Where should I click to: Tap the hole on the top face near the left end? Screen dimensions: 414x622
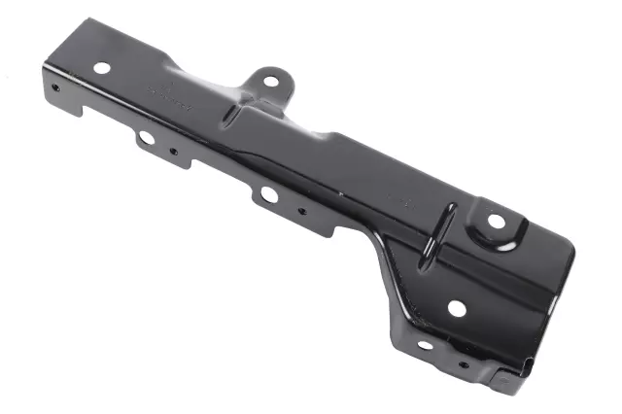(101, 68)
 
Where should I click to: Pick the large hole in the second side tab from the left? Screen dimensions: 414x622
(145, 138)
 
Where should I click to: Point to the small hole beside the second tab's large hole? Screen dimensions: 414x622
(173, 152)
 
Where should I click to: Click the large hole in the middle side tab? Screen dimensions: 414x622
(268, 194)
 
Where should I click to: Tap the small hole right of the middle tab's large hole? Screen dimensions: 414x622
(302, 209)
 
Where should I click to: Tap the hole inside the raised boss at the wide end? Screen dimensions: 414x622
(497, 222)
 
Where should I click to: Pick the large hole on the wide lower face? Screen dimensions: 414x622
(457, 308)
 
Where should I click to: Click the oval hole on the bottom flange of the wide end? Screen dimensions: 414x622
(425, 345)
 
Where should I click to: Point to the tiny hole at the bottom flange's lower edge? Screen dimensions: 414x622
(463, 365)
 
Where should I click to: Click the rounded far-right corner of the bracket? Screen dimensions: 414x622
(569, 255)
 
